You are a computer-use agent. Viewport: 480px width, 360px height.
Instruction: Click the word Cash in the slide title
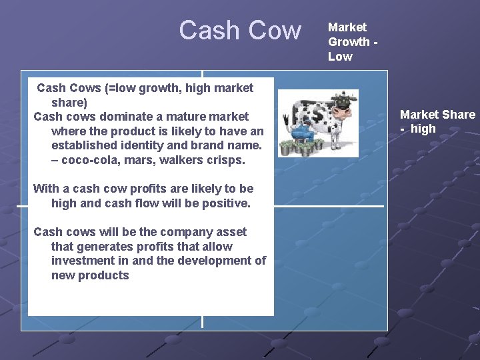[x=210, y=31]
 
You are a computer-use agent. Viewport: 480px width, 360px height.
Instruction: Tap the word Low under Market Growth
[x=340, y=57]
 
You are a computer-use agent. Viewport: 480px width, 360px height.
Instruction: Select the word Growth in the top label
[x=348, y=42]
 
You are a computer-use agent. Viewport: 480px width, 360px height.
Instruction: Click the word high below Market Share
[x=423, y=129]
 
